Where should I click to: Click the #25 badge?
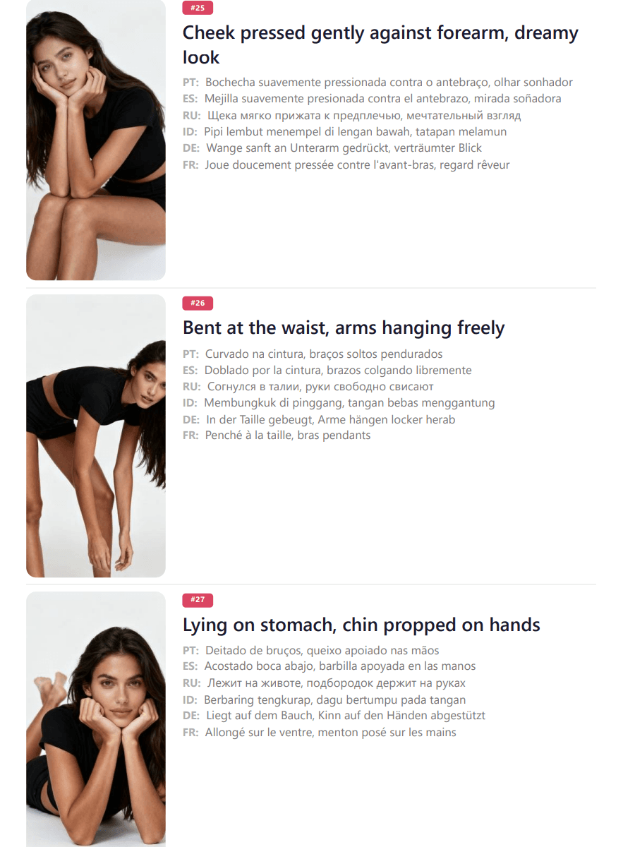point(198,8)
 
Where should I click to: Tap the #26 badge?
point(198,303)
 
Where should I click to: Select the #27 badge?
point(198,600)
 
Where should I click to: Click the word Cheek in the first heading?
point(209,32)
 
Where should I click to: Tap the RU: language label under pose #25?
point(192,115)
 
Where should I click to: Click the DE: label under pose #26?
point(191,419)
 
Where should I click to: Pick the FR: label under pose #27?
point(190,733)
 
